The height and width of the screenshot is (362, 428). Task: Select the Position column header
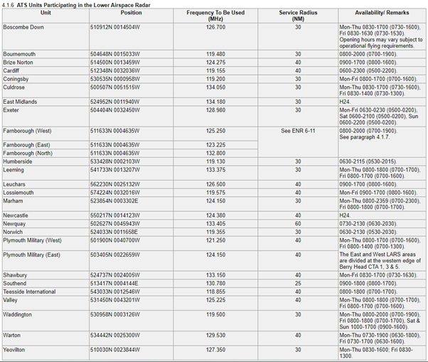click(131, 13)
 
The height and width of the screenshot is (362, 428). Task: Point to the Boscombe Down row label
click(23, 27)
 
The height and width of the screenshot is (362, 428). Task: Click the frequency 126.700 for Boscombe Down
click(215, 27)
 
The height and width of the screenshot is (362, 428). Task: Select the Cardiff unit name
click(13, 70)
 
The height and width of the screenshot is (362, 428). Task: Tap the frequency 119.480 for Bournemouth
click(215, 54)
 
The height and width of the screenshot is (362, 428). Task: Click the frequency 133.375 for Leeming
click(215, 169)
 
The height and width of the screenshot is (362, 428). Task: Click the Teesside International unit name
click(30, 291)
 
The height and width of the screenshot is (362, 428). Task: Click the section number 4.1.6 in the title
click(9, 4)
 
